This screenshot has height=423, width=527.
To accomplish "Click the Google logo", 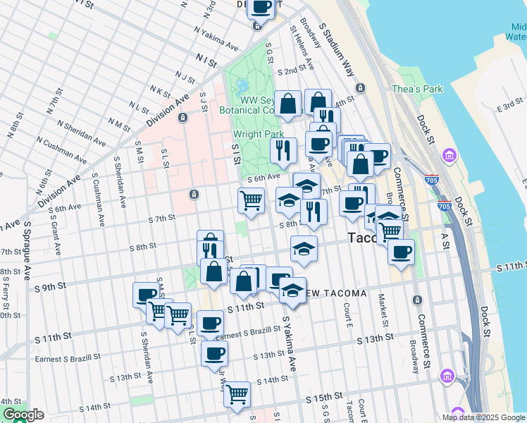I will coord(23,415).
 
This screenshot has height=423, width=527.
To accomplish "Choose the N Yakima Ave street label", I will coord(217,40).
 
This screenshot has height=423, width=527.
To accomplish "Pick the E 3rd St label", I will coord(509,106).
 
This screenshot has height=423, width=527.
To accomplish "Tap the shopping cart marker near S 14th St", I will coord(237,394).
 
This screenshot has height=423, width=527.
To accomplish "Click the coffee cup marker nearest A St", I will coord(401,252).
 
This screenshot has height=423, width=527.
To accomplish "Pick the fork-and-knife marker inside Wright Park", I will coord(283,150).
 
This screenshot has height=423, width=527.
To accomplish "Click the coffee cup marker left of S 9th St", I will coord(145,295).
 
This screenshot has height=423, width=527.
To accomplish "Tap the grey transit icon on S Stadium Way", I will coord(361,88).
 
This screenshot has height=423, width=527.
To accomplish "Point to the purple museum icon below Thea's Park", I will coord(447,155).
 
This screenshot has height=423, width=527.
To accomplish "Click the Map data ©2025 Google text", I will coord(483,417).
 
